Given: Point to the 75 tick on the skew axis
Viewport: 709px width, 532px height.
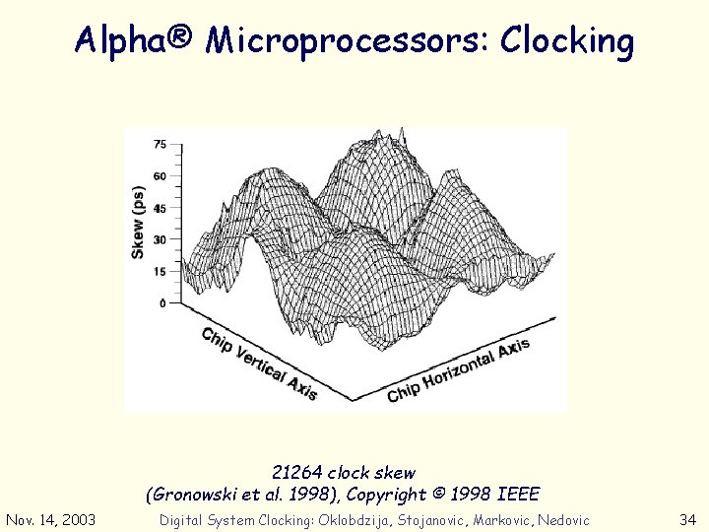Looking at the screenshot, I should [x=161, y=145].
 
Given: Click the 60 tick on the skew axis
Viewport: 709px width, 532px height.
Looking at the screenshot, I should [x=161, y=176].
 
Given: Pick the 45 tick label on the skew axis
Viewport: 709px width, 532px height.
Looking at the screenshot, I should [x=161, y=208].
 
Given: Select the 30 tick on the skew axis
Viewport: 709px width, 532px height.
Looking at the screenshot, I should [x=161, y=239].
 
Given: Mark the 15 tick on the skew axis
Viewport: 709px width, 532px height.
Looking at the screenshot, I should [x=161, y=271].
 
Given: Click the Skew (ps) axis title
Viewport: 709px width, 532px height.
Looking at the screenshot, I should [x=138, y=223].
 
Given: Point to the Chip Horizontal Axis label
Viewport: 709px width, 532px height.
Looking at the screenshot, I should [x=458, y=370].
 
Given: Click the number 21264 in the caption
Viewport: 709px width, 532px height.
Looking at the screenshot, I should [x=297, y=473].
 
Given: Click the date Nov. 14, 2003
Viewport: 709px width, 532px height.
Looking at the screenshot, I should [x=51, y=520].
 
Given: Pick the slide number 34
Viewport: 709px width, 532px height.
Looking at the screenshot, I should [x=687, y=520].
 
